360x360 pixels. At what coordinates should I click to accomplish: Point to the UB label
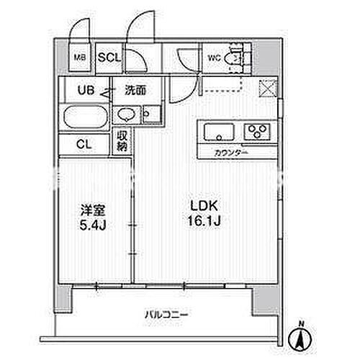point(86,91)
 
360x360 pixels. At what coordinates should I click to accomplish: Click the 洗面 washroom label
point(135,91)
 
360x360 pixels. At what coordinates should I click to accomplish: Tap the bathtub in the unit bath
point(85,117)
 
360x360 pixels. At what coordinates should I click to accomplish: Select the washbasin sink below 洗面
point(125,115)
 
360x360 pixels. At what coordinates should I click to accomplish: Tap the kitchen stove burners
point(255,131)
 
